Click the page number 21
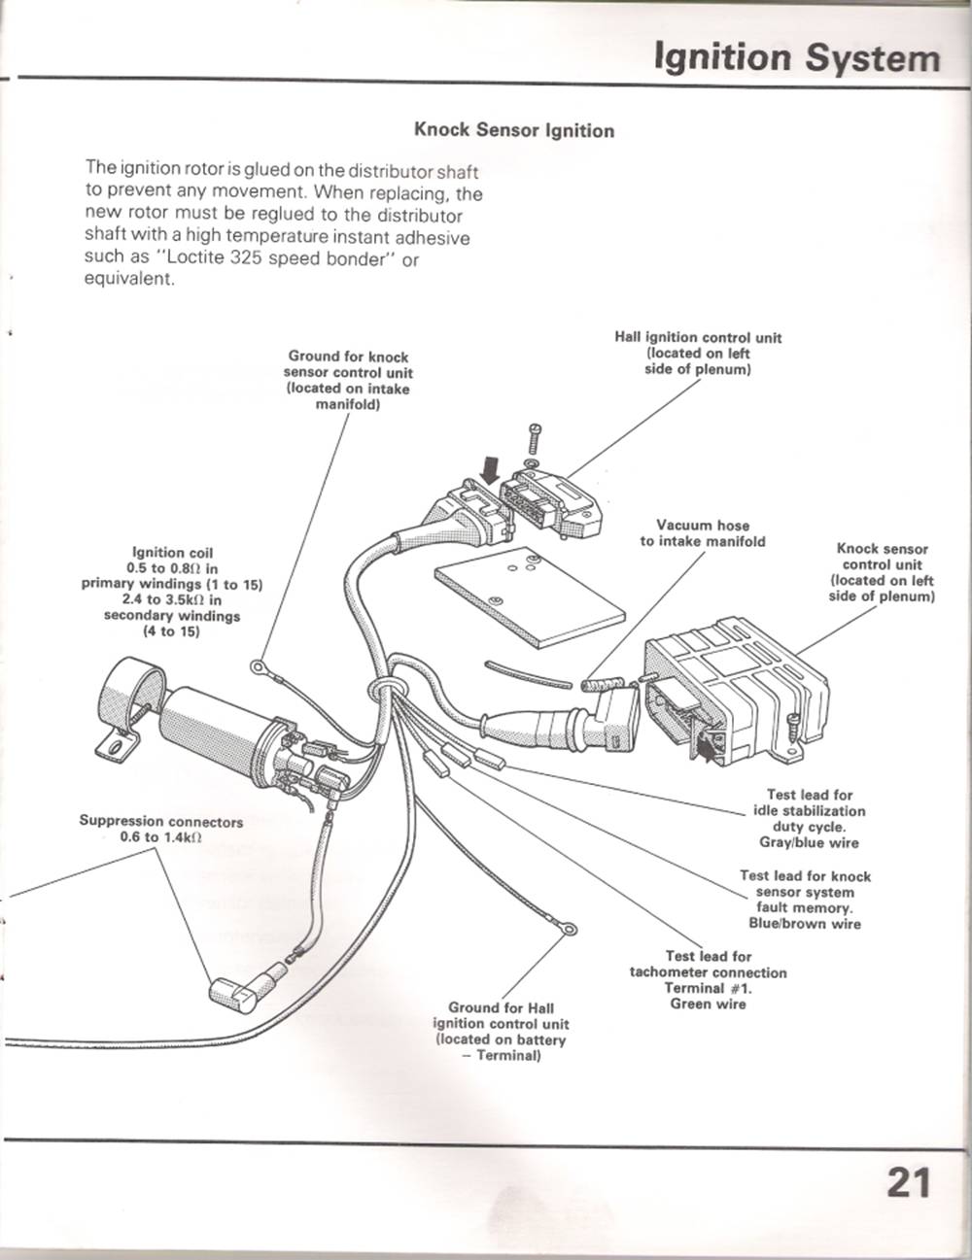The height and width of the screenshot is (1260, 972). point(908,1183)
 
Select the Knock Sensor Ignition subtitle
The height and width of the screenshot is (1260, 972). point(514,130)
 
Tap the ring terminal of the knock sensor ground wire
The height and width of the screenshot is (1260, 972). point(259,666)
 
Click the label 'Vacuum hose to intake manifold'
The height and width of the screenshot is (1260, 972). point(703,533)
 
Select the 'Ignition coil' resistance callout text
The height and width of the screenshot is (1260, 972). point(171,592)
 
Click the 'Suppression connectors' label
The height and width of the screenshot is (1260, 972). point(161,821)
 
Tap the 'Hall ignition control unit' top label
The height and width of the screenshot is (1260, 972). point(698,337)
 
